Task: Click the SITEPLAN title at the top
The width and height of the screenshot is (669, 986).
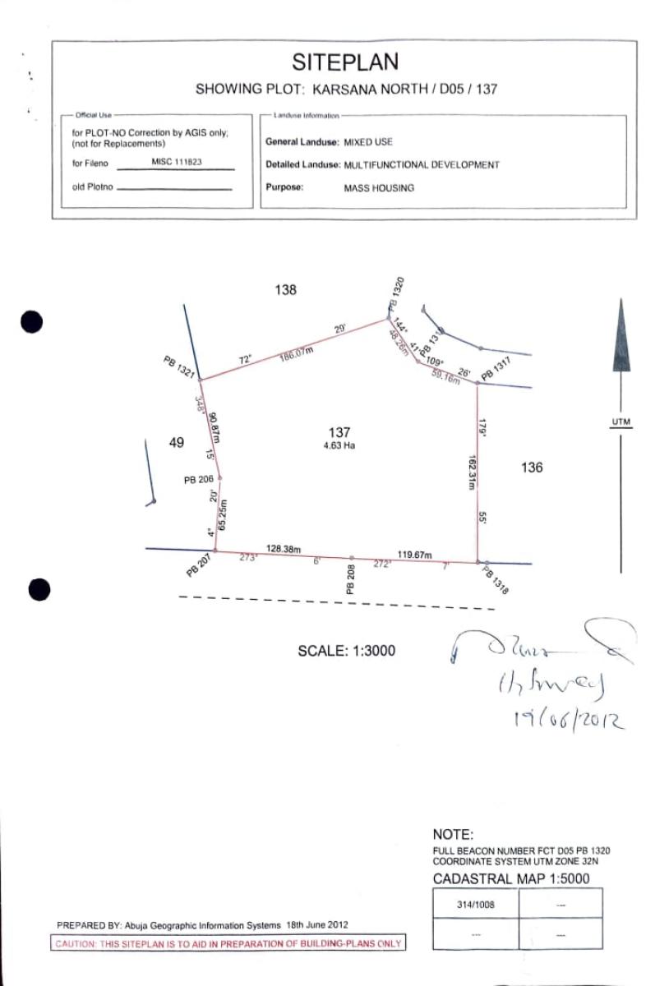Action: [345, 62]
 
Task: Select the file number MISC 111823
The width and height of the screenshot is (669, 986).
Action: [177, 162]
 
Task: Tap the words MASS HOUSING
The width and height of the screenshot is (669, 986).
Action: [379, 188]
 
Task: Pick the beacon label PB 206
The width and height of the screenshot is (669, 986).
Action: [198, 480]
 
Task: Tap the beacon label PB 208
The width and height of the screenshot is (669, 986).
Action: [350, 580]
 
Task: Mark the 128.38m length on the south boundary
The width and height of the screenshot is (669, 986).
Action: [284, 548]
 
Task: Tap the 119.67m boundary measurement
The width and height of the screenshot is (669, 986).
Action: [414, 555]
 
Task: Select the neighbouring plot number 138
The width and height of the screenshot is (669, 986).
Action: [285, 290]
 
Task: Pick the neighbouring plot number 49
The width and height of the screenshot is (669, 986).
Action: [176, 443]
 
